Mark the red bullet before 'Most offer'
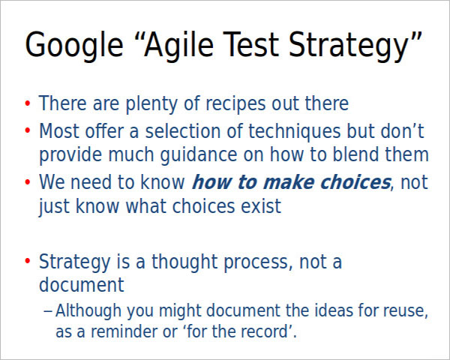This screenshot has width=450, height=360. click(28, 132)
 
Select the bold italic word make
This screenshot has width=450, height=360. click(289, 182)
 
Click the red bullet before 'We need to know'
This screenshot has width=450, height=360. click(28, 182)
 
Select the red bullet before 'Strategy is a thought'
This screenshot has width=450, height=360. click(28, 262)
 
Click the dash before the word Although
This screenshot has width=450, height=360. click(48, 311)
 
